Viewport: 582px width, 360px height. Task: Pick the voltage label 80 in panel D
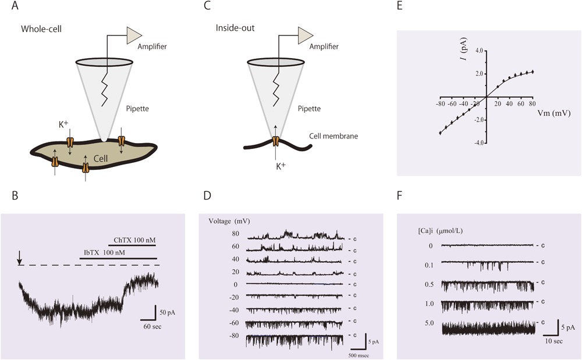pyautogui.click(x=236, y=233)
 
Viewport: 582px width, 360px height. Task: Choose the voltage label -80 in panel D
pyautogui.click(x=234, y=336)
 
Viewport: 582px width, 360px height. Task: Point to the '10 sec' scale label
pyautogui.click(x=553, y=342)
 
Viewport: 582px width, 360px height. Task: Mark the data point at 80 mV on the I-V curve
pyautogui.click(x=533, y=72)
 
